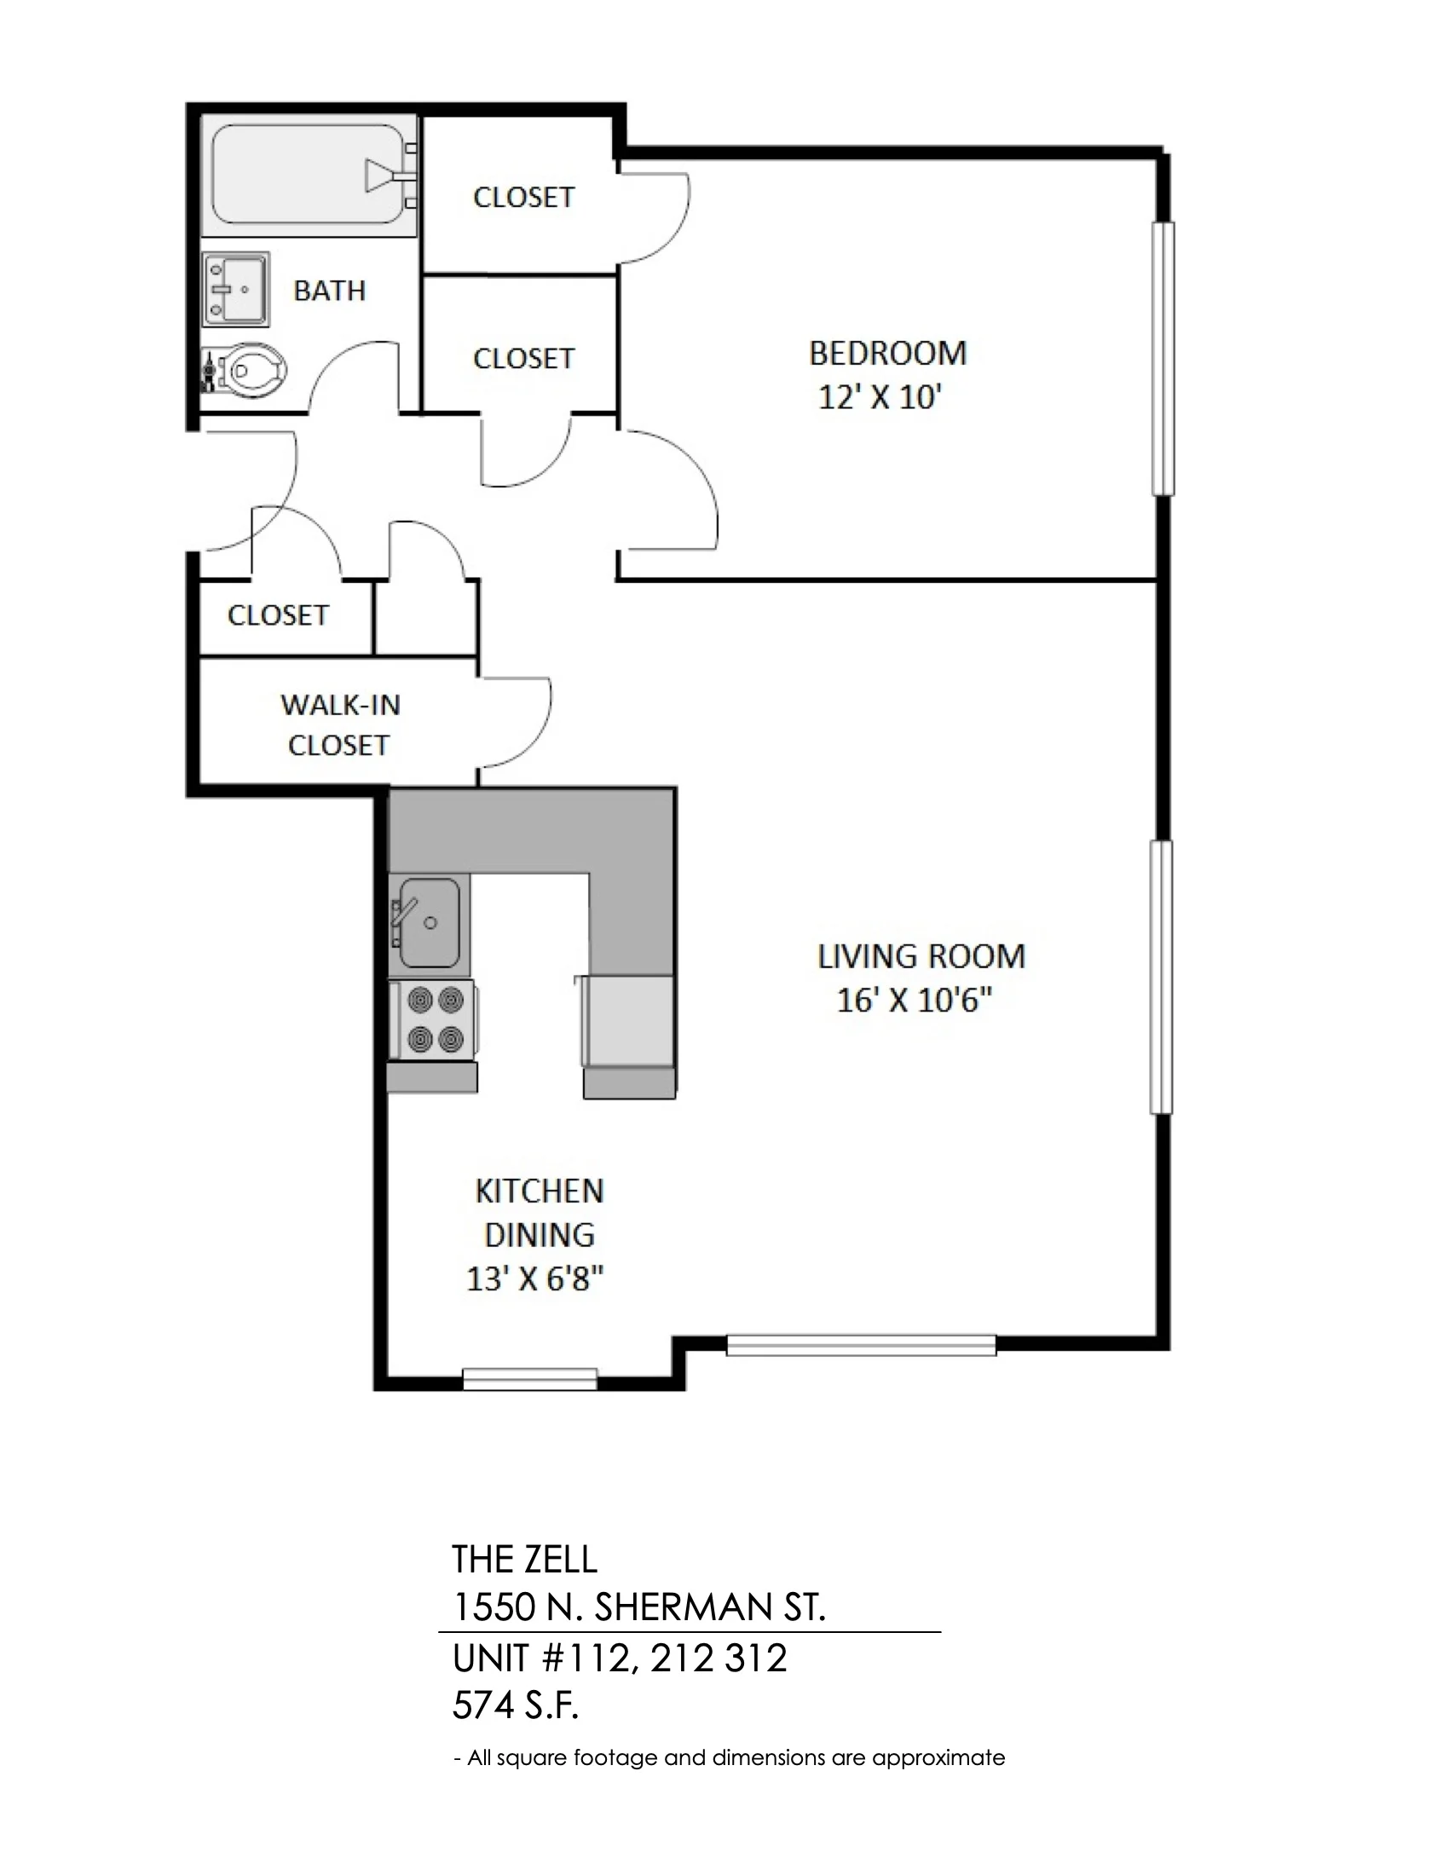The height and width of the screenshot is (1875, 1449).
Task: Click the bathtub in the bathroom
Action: [309, 176]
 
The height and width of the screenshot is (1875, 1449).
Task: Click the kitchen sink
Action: [429, 924]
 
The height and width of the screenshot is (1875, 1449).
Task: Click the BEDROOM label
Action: [887, 353]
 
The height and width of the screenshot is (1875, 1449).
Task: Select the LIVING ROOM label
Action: [921, 956]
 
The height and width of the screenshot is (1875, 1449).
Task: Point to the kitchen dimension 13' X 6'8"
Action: [534, 1280]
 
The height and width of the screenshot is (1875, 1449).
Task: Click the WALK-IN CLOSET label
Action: [340, 724]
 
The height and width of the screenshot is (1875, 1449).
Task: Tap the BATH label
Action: [330, 291]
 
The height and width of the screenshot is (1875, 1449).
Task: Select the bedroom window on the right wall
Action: [1163, 359]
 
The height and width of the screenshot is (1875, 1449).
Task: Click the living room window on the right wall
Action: [1161, 978]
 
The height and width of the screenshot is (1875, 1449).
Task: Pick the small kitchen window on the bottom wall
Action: [529, 1379]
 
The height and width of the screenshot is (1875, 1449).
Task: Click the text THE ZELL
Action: [524, 1560]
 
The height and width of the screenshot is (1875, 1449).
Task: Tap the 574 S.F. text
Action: [516, 1707]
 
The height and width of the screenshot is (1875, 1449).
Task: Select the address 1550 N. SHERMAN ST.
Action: [638, 1608]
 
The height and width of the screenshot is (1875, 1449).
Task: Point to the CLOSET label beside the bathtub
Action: [523, 198]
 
